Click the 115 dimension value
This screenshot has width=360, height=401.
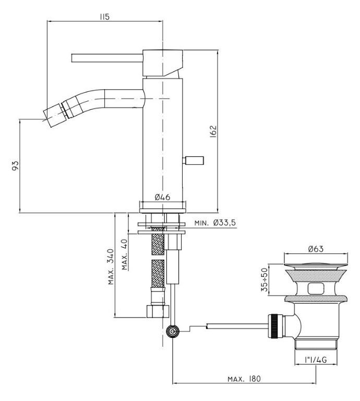104,17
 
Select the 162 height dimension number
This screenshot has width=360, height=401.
213,131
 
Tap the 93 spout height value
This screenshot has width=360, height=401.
15,166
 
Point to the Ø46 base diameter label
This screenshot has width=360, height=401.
162,197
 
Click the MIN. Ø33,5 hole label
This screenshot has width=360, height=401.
215,223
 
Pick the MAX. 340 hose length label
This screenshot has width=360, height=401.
111,266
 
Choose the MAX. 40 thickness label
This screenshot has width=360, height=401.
125,254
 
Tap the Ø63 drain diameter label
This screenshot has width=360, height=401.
316,249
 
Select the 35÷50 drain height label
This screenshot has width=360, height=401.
265,280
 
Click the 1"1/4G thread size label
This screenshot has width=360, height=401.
316,360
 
